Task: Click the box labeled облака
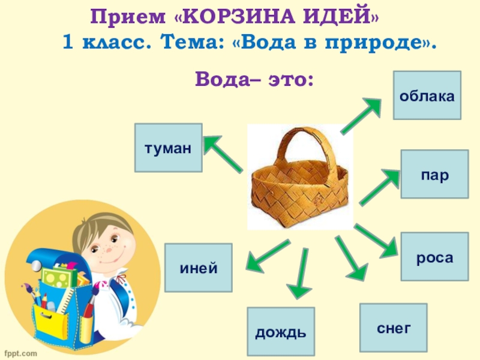[x=427, y=95]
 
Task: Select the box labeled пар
[x=434, y=175]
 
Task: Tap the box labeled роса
[x=434, y=258]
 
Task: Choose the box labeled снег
[x=393, y=327]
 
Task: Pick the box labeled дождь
[x=281, y=331]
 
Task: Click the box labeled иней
[x=198, y=268]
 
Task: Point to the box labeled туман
[x=168, y=148]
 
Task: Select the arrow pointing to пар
[x=380, y=187]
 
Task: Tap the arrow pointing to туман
[x=223, y=154]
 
